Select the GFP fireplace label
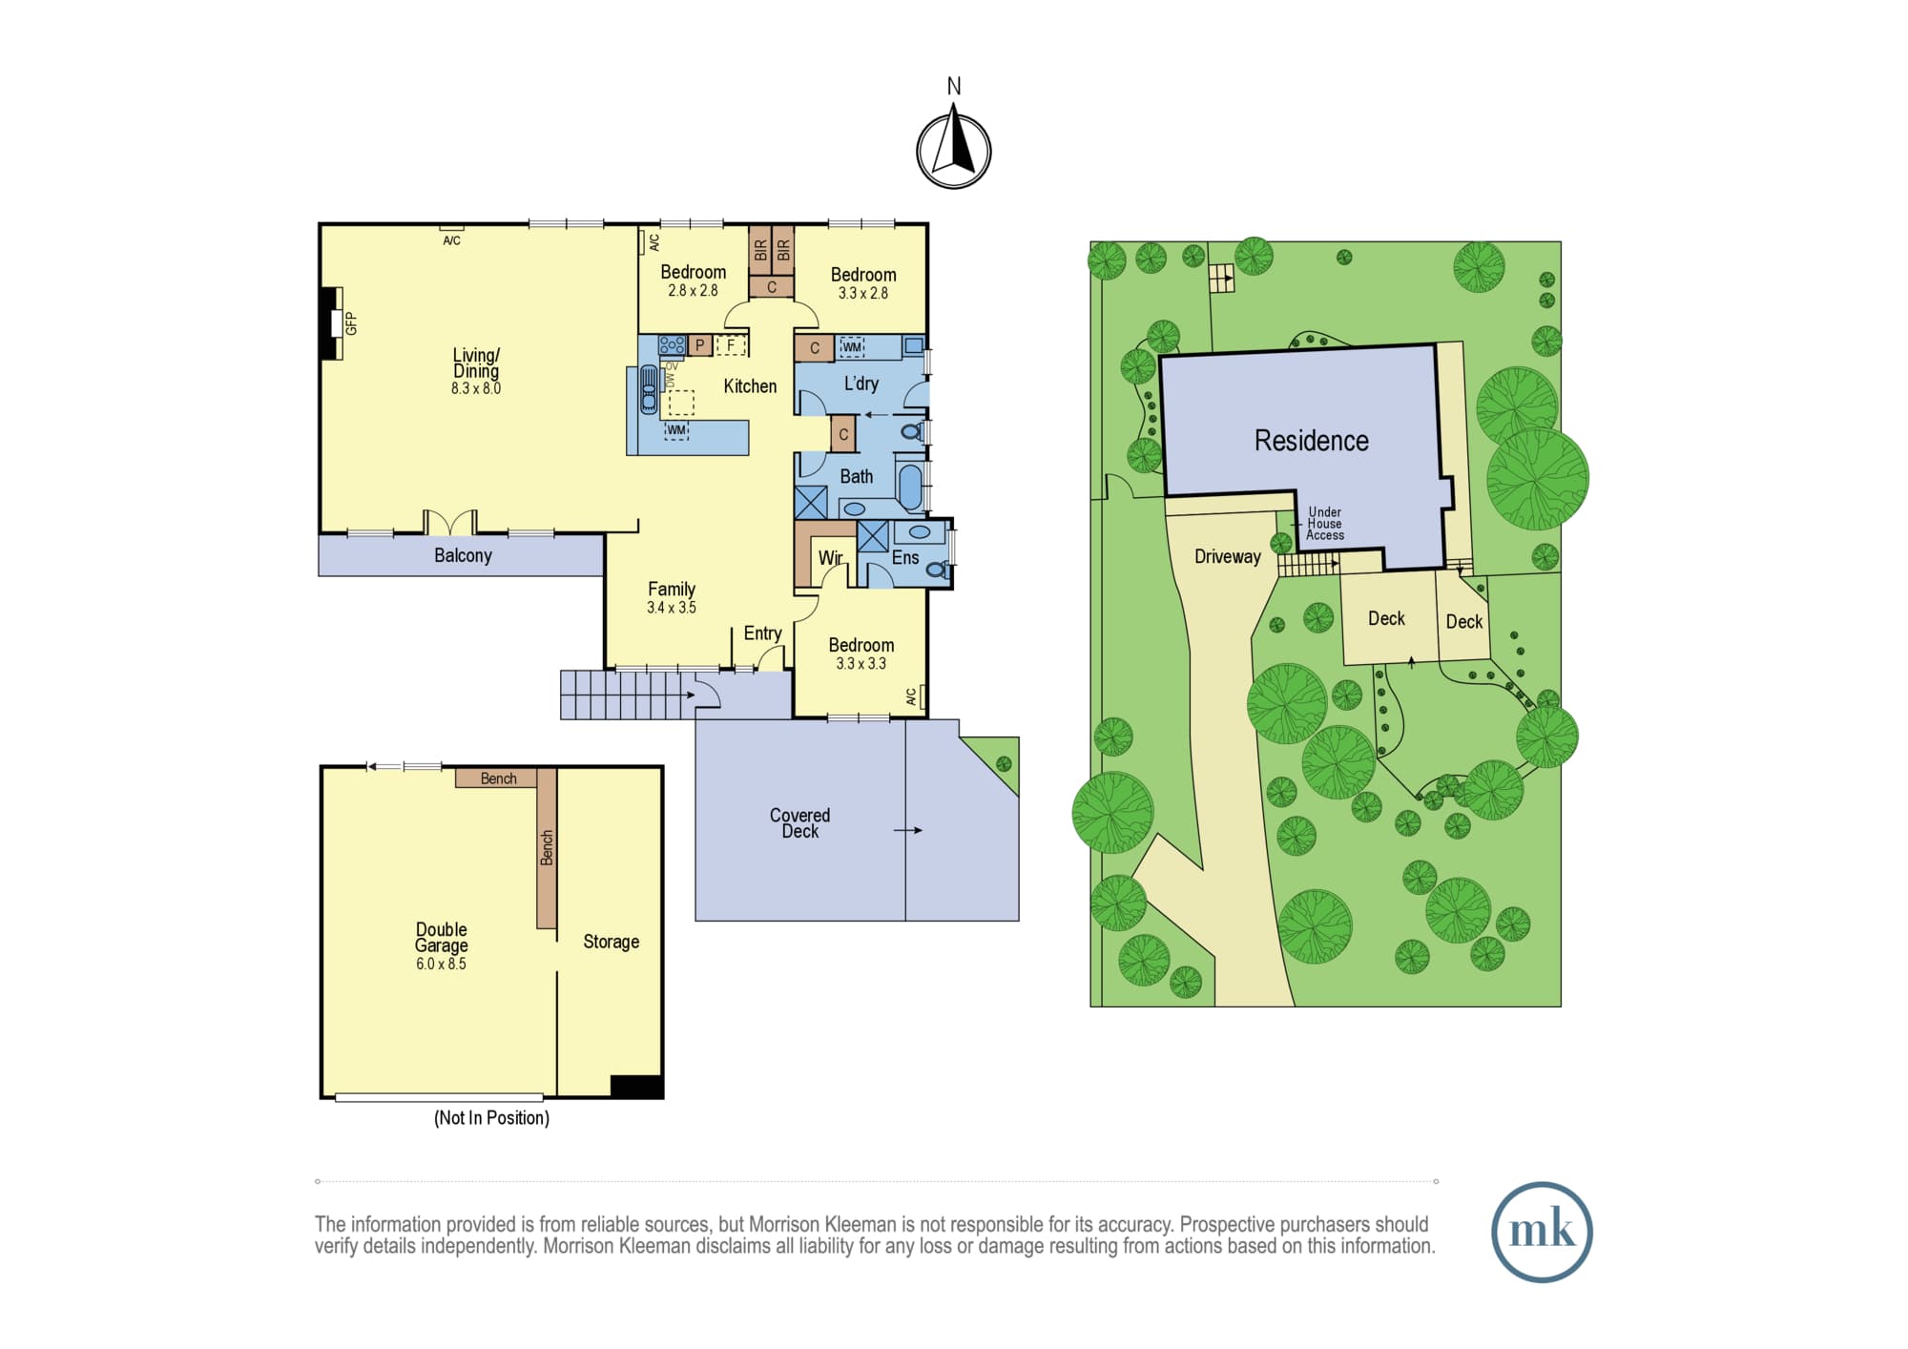[x=351, y=323]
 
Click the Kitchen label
[x=750, y=386]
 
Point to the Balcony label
[x=463, y=555]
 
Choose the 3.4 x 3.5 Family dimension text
[x=672, y=608]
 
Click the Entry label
[x=762, y=633]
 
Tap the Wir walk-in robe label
[x=830, y=558]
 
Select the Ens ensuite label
[x=905, y=558]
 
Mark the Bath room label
[x=856, y=476]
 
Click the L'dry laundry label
[x=861, y=384]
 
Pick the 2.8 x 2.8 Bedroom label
[x=693, y=280]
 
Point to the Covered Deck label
[x=799, y=823]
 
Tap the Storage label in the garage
[x=611, y=942]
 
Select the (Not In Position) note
[x=491, y=1118]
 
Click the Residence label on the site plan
[x=1311, y=441]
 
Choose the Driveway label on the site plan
[x=1228, y=556]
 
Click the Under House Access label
[x=1324, y=524]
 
